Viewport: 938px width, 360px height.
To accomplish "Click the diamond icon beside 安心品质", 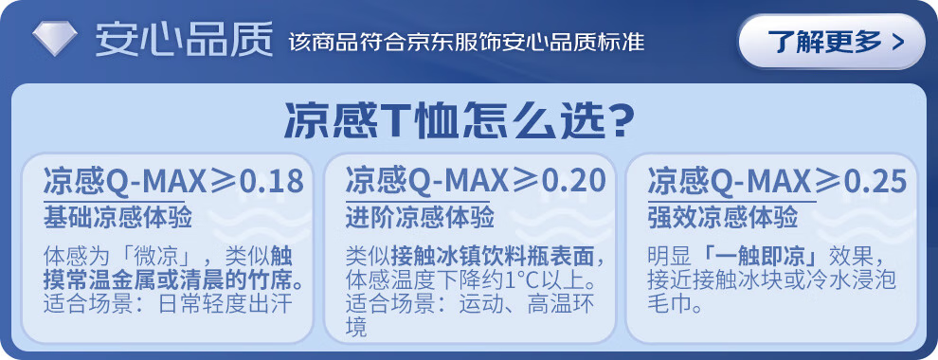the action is coord(54,40).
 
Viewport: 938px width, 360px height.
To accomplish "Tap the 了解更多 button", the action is coord(832,42).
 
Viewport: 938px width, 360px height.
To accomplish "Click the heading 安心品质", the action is coord(184,40).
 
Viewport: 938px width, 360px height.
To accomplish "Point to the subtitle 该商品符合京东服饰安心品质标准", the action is coord(466,43).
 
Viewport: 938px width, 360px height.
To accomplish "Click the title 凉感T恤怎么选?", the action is coord(459,121).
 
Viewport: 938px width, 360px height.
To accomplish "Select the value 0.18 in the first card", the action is coord(272,182).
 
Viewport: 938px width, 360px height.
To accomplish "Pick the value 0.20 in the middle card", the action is coord(573,182).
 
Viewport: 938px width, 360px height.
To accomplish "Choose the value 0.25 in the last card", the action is coord(875,182).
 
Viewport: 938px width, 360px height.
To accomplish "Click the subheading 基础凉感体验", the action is coord(117,219).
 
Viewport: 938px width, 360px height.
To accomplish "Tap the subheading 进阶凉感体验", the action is coord(420,219).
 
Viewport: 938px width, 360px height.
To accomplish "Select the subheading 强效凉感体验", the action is coord(723,219).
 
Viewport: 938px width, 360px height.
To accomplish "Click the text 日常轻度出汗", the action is coord(225,304).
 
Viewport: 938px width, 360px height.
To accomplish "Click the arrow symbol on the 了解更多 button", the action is coord(896,43).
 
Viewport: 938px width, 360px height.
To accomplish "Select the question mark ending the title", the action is coord(615,122).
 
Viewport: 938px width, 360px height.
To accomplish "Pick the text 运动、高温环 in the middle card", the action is coord(527,304).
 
